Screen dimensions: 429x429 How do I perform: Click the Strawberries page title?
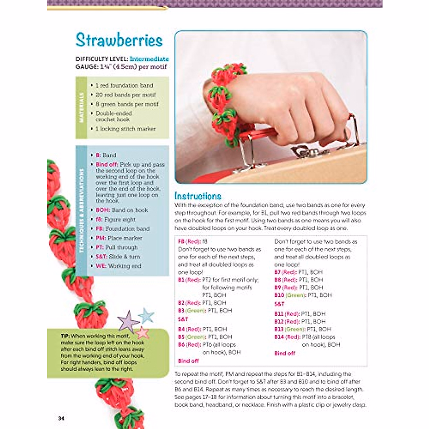(119, 40)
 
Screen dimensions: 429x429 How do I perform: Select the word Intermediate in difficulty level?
(149, 59)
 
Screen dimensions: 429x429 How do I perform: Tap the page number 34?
(61, 418)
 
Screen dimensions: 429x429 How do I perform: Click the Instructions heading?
(198, 196)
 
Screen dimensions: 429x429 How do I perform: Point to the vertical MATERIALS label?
(81, 108)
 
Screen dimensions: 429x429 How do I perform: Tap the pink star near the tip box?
(142, 332)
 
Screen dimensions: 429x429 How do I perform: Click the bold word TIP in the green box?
(65, 336)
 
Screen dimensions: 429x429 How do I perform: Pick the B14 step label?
(279, 337)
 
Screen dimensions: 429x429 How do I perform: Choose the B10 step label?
(279, 295)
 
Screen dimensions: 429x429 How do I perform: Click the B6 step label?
(183, 345)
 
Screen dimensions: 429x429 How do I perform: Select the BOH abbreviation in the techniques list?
(102, 210)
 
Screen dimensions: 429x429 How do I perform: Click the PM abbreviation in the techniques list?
(100, 238)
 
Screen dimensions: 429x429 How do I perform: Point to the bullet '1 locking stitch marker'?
(125, 129)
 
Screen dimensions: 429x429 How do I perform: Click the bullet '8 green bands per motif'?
(127, 104)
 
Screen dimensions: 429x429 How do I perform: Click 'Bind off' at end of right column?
(285, 353)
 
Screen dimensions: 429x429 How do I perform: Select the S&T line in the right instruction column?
(279, 304)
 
